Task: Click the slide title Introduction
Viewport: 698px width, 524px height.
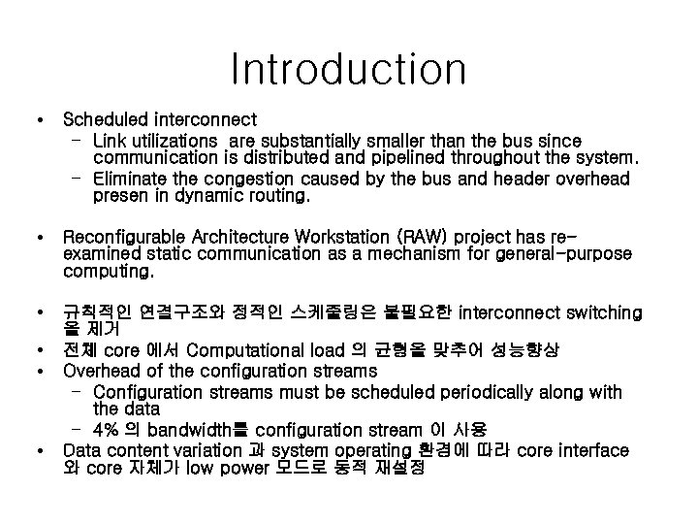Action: pyautogui.click(x=349, y=69)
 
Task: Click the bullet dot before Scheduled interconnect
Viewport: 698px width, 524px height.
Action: pyautogui.click(x=37, y=122)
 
